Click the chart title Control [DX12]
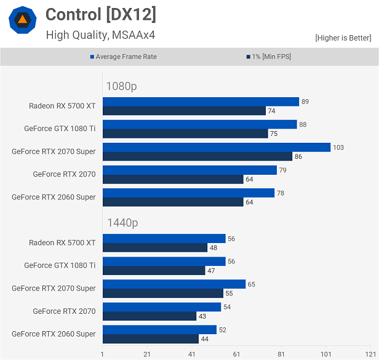[101, 14]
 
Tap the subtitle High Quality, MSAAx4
[100, 35]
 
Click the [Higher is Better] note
[343, 38]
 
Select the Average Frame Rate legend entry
[126, 57]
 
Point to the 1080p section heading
[121, 86]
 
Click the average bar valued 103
[217, 147]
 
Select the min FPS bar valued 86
[197, 156]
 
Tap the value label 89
[305, 102]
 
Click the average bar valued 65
[174, 284]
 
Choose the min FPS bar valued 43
[150, 316]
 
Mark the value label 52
[223, 330]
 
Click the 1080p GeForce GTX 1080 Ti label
[60, 129]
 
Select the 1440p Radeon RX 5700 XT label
[62, 242]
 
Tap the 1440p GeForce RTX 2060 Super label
[54, 334]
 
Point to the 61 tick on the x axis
[236, 354]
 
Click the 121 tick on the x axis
[370, 354]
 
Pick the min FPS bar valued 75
[185, 134]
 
